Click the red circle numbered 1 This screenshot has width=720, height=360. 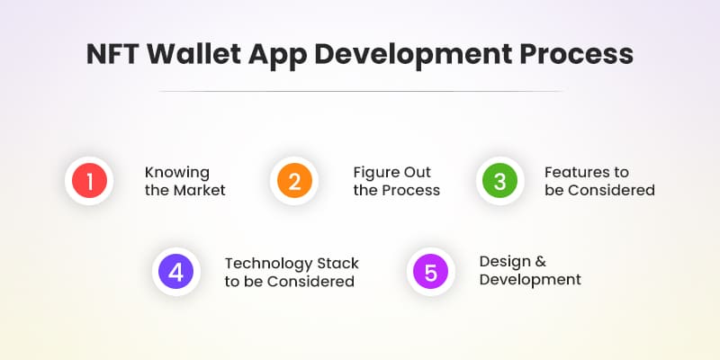pos(88,181)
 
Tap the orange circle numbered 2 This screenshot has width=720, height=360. pos(293,181)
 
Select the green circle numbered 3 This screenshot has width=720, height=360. pos(499,181)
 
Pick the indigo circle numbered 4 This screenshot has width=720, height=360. pos(175,272)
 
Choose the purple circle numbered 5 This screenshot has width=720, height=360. pos(430,272)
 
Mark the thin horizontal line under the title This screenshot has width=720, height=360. pos(360,91)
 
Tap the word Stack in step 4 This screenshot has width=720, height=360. pos(337,264)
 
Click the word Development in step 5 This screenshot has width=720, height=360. pos(530,280)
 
